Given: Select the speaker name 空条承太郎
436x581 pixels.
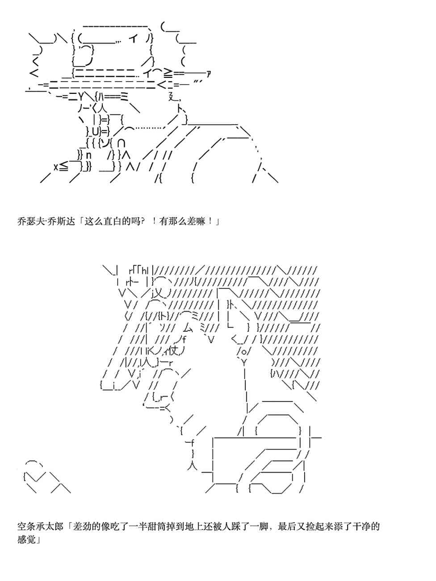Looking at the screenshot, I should (42, 526).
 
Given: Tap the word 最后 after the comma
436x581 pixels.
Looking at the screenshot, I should (286, 526).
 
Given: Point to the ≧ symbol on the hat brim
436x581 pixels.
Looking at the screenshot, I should (168, 73).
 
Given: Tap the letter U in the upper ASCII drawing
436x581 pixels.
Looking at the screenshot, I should (96, 131).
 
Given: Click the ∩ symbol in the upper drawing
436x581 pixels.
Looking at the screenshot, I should (122, 143).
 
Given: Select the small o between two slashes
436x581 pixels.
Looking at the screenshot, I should (244, 351).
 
